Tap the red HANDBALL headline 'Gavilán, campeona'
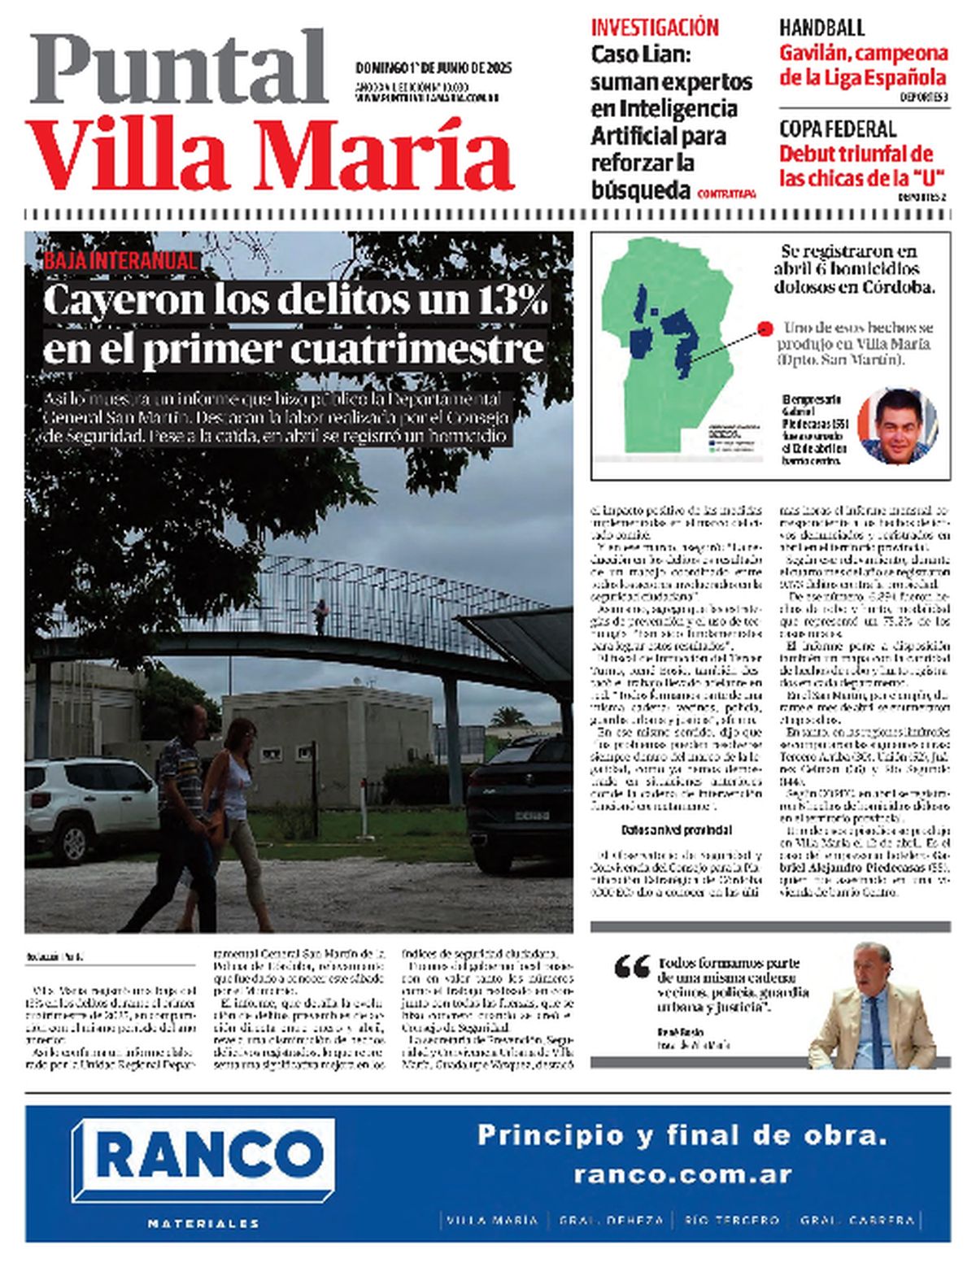[x=863, y=54]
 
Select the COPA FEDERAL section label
[x=838, y=128]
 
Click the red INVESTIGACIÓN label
[x=655, y=28]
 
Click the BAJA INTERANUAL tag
[x=120, y=261]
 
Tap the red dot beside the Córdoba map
[x=764, y=329]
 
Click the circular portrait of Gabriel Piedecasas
[x=897, y=425]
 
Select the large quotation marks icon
[x=632, y=966]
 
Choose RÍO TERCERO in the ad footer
[x=732, y=1221]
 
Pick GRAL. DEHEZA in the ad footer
[x=611, y=1221]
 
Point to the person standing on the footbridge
[x=322, y=616]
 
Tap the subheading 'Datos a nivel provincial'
[x=676, y=830]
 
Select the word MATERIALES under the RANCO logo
[x=203, y=1222]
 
